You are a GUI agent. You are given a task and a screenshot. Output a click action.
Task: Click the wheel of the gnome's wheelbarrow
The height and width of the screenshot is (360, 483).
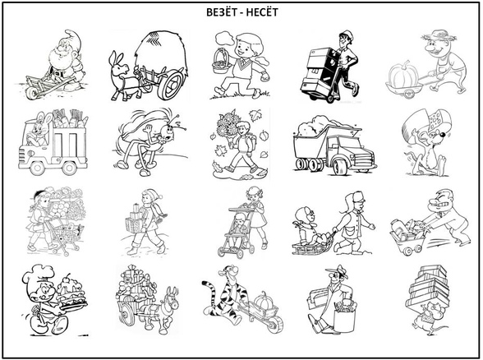[31, 93]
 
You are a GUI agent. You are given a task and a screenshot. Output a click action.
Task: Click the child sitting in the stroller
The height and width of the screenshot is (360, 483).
[238, 229]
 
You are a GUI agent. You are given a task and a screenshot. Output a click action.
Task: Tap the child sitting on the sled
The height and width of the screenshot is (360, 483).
[306, 224]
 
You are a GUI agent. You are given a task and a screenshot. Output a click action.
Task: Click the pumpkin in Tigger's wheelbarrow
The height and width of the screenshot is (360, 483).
[263, 300]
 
